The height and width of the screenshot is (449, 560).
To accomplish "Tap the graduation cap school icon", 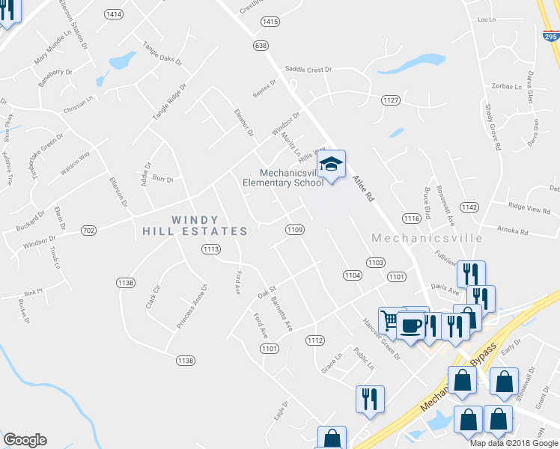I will point(331,164).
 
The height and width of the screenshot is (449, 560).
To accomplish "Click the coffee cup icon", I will point(411,326).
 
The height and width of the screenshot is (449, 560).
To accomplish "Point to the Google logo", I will point(25,440).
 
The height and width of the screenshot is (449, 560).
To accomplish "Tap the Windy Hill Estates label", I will point(195,226).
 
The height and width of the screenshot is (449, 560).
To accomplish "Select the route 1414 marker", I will point(115,14).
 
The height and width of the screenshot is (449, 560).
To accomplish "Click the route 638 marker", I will point(261,46).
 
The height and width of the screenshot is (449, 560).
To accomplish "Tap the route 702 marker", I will point(88,231).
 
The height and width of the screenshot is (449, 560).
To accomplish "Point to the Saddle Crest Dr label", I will point(307,70).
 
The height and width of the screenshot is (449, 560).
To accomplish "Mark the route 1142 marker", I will point(469,207).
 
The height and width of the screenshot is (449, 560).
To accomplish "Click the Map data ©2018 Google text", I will point(514,442).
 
